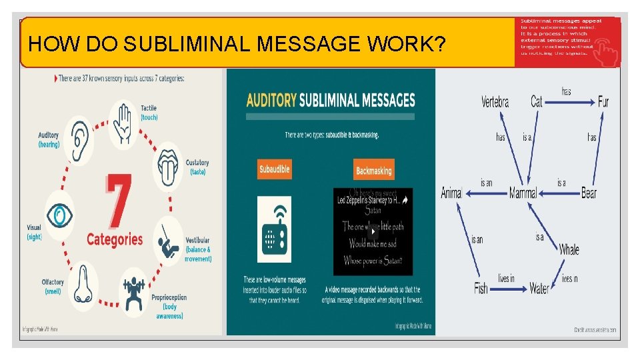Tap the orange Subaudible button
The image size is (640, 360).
tap(274, 169)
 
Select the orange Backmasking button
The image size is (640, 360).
tap(373, 171)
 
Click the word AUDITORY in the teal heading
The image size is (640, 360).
tap(271, 101)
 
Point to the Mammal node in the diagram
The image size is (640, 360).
tap(523, 193)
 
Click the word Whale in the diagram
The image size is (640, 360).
tap(569, 249)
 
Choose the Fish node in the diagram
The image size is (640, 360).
tap(481, 289)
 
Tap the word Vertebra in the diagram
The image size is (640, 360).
tap(495, 102)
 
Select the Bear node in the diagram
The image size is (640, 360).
tap(589, 193)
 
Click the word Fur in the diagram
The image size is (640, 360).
tap(603, 101)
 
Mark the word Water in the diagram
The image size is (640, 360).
tap(539, 289)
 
